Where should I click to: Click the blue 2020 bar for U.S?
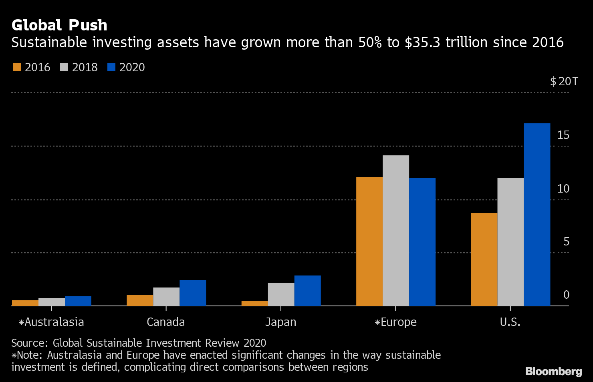(537, 214)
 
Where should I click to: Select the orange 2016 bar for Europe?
(369, 241)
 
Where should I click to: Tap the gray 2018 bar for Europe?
(396, 230)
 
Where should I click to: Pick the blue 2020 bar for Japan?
(307, 290)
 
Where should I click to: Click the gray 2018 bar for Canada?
(166, 296)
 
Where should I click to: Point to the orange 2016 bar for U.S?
(484, 259)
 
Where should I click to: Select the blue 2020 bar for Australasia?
(78, 301)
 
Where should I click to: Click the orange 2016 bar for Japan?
(254, 303)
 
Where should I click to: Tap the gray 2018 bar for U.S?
(510, 241)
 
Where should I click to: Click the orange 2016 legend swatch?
(16, 67)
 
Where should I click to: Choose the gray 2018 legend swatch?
(64, 67)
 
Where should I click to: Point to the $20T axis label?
(564, 82)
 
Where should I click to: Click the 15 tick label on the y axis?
(563, 135)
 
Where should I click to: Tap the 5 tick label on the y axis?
(566, 241)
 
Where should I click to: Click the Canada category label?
(166, 322)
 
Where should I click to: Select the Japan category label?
(280, 322)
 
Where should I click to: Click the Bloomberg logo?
(553, 371)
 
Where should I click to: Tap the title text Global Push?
(59, 25)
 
